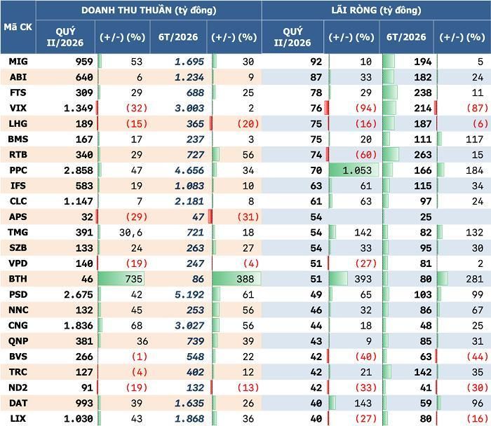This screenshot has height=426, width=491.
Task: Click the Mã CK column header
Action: point(18,27)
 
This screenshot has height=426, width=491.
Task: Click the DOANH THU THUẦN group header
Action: point(149,11)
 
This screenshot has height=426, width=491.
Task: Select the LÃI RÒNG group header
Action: point(376,11)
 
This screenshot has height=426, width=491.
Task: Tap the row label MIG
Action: point(18,62)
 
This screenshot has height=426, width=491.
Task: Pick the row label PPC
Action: point(18,170)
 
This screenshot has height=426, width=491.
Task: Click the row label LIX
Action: point(18,418)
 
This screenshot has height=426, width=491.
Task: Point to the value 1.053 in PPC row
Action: point(357,170)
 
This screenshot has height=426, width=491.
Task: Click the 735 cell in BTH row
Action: point(134,279)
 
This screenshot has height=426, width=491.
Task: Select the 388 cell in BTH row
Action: point(245,279)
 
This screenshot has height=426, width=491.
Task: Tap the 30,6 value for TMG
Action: point(130,233)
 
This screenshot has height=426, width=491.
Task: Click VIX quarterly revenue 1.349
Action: point(79,108)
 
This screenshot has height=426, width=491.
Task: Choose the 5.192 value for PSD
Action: point(189,295)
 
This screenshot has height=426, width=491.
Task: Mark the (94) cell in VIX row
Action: point(365,108)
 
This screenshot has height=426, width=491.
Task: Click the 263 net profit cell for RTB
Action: point(423,155)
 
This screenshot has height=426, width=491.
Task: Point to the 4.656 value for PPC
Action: point(189,170)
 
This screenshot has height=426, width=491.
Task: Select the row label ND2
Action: point(18,387)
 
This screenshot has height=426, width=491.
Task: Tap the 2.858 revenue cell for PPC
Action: point(79,170)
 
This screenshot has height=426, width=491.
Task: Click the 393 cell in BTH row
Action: point(363,279)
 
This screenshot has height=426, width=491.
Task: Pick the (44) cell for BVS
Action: point(477,357)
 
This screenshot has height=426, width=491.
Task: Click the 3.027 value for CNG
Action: point(189,326)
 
